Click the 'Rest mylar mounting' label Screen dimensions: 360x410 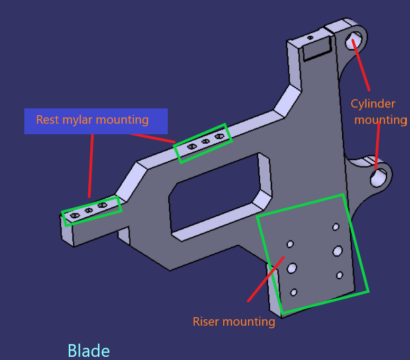point(92,120)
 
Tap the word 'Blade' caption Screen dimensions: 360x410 point(88,351)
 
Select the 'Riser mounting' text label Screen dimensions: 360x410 point(233,321)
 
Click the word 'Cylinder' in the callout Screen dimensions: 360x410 point(373,104)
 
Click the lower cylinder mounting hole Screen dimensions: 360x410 point(379,178)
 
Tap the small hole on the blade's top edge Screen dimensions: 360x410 point(310,38)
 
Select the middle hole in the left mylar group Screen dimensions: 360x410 point(89,210)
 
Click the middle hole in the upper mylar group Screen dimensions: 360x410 point(205,142)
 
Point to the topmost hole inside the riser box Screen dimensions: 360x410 point(335,227)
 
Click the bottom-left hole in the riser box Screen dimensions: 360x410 point(294,292)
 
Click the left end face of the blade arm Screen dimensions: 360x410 point(66,233)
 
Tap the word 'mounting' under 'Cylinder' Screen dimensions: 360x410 point(380,120)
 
